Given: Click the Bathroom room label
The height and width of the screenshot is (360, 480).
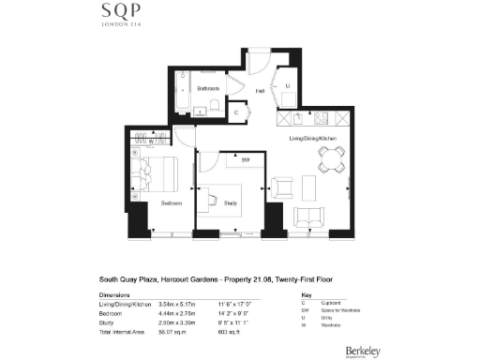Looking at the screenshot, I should click(x=208, y=88).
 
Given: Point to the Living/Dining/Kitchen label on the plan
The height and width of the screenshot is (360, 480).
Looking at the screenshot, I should click(x=312, y=139).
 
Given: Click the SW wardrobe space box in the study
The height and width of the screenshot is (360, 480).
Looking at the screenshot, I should click(x=245, y=161).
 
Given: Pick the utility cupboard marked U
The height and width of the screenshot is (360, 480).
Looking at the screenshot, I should click(x=288, y=86).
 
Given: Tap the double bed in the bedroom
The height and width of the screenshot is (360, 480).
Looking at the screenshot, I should click(x=156, y=174).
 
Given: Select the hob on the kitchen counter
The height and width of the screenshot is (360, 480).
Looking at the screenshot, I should click(x=322, y=119).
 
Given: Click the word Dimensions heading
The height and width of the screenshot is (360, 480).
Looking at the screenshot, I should click(x=116, y=294).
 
